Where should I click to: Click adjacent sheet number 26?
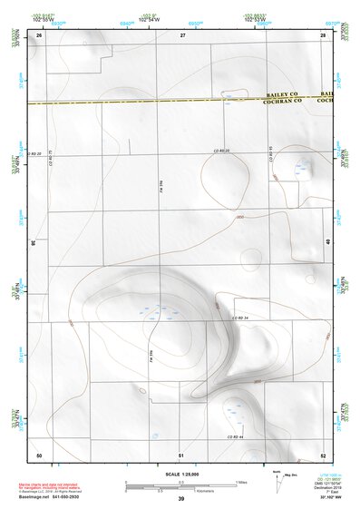click(39, 34)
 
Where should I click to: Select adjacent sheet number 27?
click(182, 34)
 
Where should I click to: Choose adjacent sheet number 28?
click(323, 34)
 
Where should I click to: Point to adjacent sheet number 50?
click(39, 454)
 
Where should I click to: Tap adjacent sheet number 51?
click(182, 454)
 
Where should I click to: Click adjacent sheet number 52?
click(323, 454)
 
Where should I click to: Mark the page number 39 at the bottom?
click(181, 499)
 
